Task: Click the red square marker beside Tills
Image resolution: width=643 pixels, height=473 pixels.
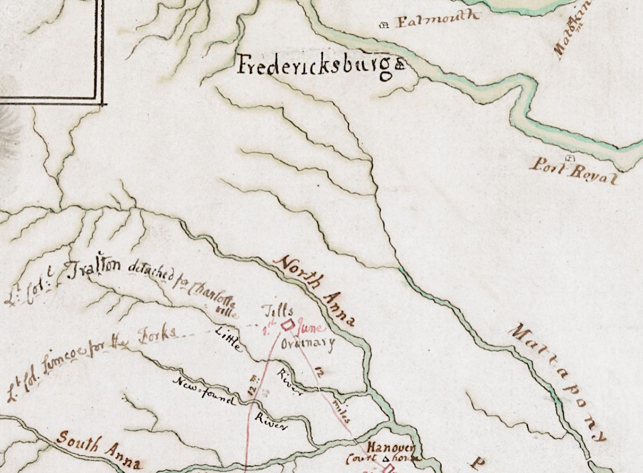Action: point(288,325)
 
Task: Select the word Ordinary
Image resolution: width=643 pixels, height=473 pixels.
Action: point(308,344)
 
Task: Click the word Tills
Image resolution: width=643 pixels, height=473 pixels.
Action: point(280,312)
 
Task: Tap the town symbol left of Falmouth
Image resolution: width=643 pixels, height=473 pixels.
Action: point(387,24)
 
